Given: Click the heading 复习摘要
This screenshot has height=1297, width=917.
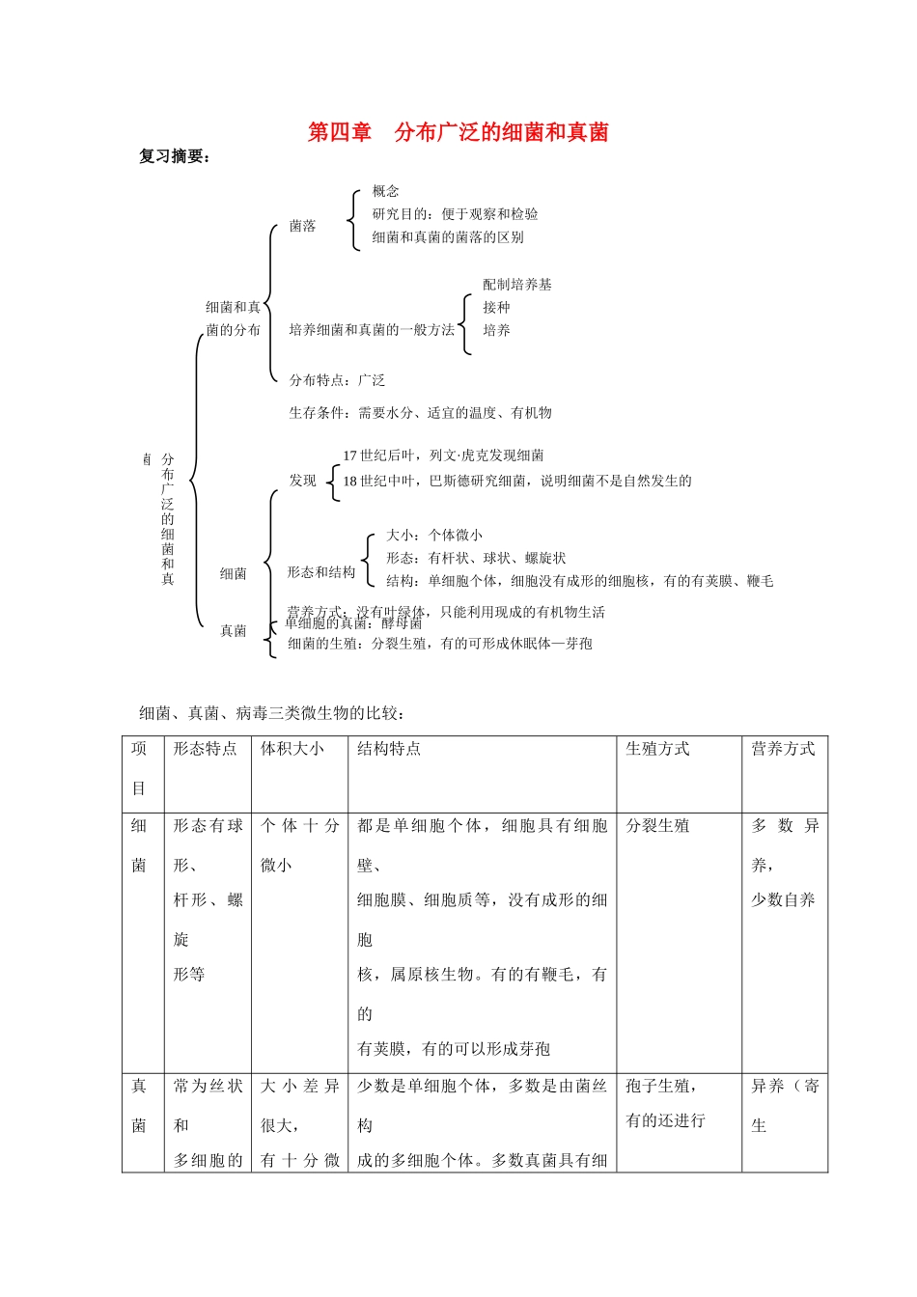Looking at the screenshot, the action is coord(174,156).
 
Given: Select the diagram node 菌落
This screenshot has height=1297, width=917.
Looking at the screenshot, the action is coord(302,226).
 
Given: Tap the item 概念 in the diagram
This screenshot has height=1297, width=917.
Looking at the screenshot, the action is coord(385,191).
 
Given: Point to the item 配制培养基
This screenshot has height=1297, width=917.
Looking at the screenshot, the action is coord(517,285).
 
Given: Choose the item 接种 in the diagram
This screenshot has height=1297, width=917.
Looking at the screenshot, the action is coord(496,308).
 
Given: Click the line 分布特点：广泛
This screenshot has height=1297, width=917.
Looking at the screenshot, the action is coord(337,380).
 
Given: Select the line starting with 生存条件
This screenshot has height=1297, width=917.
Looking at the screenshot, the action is coord(420,413).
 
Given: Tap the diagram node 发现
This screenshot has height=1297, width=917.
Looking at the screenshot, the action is coord(302,481).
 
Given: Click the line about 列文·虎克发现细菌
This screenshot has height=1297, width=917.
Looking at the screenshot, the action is coord(443,455).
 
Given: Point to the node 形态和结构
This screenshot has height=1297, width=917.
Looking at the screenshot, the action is coord(320,572).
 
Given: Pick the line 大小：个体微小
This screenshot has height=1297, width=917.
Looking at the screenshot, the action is coord(434,535).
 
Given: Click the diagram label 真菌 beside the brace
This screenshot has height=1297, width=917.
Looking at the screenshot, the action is coord(234,631).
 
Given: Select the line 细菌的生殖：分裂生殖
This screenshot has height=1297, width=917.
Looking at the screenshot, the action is coord(439,644).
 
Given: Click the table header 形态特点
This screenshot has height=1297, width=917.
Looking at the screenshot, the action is coord(205,749).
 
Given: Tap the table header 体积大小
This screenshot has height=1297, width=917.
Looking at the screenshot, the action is coord(292,749).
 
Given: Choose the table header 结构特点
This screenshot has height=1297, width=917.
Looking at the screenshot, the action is coord(389,749).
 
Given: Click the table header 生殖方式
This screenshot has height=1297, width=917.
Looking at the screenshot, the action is coord(657,749).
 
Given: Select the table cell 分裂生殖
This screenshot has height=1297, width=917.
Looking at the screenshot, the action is coord(657,826).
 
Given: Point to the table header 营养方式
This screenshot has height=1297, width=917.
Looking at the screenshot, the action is coord(783,749).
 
